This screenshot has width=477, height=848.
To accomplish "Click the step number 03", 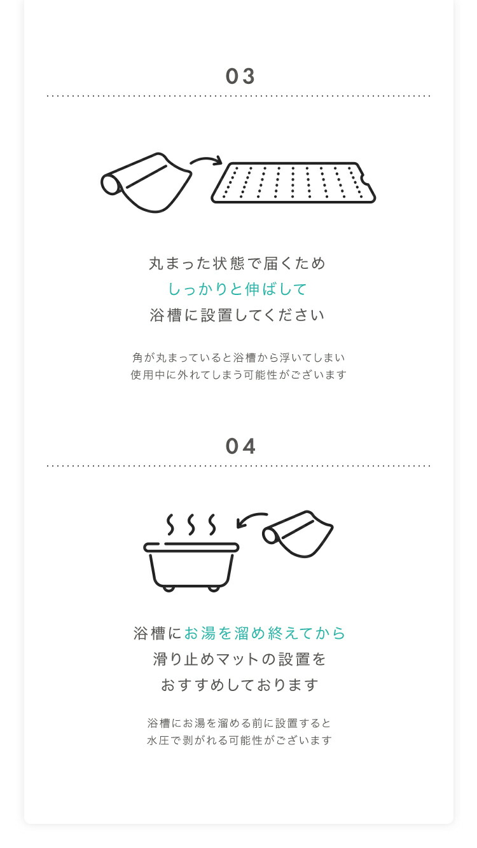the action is (x=240, y=76).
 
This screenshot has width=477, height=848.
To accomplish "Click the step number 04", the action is (x=240, y=446).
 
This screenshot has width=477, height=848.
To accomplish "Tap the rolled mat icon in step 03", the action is (x=146, y=182).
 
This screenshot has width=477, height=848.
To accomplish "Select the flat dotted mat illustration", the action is (x=293, y=182).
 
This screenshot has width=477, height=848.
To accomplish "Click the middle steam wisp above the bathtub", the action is (x=191, y=524).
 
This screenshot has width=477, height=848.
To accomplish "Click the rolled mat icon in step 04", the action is (x=298, y=534).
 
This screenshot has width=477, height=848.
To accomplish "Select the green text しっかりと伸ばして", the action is (x=238, y=289).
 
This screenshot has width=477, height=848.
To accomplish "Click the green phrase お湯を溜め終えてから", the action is (x=265, y=633).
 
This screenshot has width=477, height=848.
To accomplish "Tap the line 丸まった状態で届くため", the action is (x=238, y=263).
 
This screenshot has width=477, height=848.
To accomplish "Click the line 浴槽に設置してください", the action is (x=238, y=315).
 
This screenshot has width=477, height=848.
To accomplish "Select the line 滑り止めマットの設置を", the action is (x=239, y=659).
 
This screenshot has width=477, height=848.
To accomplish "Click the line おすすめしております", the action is (x=239, y=685).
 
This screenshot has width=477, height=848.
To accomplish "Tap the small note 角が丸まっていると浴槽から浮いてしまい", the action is (x=238, y=358).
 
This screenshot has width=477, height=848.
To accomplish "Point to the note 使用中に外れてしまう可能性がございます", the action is (x=238, y=375).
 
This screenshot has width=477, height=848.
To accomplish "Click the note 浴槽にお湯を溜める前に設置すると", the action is (x=239, y=723).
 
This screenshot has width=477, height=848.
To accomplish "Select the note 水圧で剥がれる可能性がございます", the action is (x=239, y=741).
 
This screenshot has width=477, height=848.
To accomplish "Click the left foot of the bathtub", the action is (x=169, y=589).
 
